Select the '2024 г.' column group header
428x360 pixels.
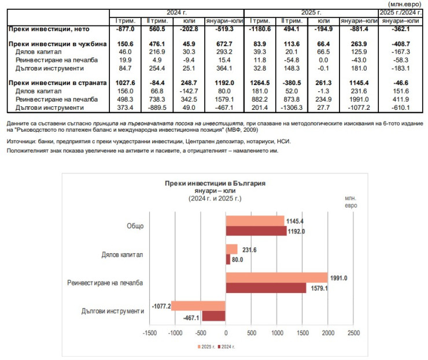pyautogui.click(x=176, y=12)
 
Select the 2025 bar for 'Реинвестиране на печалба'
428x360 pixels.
pyautogui.click(x=276, y=277)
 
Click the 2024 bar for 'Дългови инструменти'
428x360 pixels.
pyautogui.click(x=213, y=316)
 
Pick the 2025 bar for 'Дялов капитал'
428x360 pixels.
pyautogui.click(x=231, y=249)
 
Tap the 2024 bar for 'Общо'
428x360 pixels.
pyautogui.click(x=256, y=231)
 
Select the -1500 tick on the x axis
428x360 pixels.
pyautogui.click(x=149, y=333)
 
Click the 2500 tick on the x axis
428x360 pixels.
pyautogui.click(x=353, y=333)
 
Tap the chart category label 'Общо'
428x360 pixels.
pyautogui.click(x=135, y=226)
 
